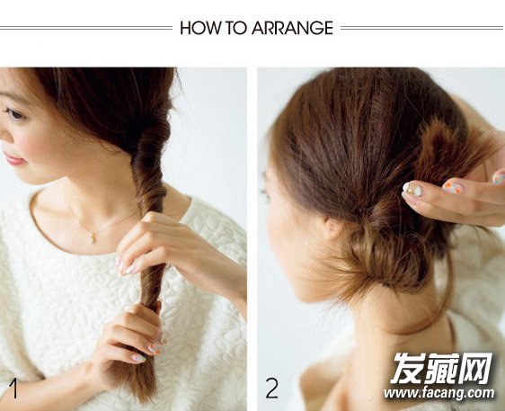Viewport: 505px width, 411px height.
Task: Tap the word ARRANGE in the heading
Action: pyautogui.click(x=292, y=28)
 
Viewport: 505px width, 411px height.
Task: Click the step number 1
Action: pyautogui.click(x=13, y=389)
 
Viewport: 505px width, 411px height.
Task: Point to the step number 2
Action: pyautogui.click(x=272, y=389)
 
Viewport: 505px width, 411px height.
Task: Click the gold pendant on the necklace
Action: pyautogui.click(x=93, y=237)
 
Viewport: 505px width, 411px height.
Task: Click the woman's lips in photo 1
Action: pyautogui.click(x=15, y=159)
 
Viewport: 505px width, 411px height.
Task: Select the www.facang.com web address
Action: pyautogui.click(x=439, y=393)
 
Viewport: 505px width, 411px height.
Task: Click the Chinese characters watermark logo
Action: pyautogui.click(x=442, y=368)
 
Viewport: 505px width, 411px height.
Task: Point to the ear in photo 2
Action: pyautogui.click(x=330, y=226)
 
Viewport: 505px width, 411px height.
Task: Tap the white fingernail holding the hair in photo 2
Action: pyautogui.click(x=412, y=189)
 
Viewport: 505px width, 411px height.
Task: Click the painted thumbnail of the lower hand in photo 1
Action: pyautogui.click(x=155, y=348)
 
